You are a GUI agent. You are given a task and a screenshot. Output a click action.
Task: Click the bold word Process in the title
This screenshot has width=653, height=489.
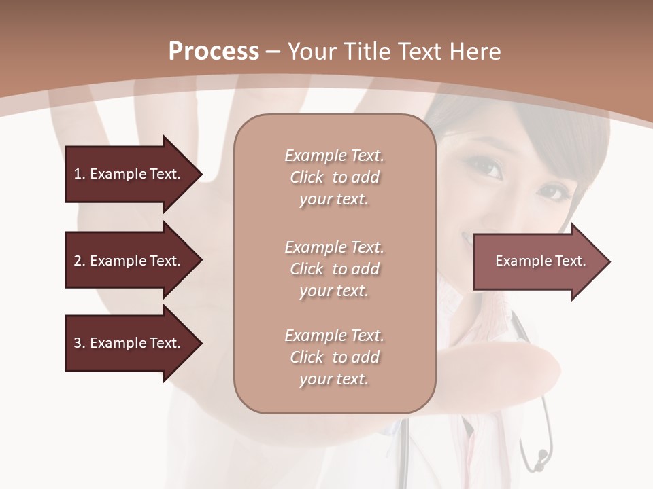214,52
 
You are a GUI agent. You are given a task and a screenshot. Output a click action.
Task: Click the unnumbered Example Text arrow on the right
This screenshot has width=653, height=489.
537,261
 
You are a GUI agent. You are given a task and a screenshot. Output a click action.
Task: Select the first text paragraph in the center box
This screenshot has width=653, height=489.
334,177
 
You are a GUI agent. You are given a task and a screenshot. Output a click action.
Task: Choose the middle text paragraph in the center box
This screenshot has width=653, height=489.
334,269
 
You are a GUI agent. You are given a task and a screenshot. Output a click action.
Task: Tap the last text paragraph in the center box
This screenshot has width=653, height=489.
334,357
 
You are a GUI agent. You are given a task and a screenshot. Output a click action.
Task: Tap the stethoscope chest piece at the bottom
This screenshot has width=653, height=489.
541,458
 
